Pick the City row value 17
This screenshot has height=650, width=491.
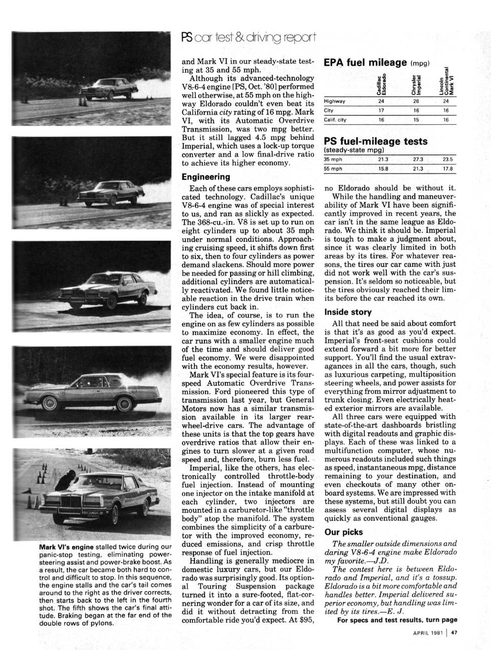[x=381, y=110]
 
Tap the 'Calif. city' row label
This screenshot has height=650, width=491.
[x=335, y=120]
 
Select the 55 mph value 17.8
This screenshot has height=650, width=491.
[x=447, y=168]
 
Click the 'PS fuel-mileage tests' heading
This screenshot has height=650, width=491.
[x=376, y=141]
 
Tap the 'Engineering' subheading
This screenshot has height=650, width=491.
[x=206, y=177]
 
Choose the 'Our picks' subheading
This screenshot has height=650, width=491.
[x=344, y=532]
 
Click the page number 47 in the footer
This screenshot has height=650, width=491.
[x=454, y=632]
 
